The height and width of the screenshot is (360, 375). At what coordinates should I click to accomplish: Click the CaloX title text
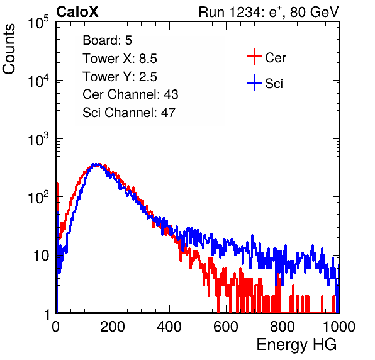(x=77, y=12)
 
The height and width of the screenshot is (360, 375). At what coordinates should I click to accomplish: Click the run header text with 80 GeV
(x=269, y=12)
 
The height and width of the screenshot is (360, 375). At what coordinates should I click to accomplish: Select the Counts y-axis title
(x=9, y=49)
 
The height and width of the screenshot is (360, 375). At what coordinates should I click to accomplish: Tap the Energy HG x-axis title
(x=296, y=345)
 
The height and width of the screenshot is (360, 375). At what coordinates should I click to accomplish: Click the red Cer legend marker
(x=254, y=57)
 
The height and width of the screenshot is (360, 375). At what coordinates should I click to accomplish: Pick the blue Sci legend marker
(x=254, y=82)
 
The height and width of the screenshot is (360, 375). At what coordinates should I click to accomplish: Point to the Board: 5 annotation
(x=108, y=40)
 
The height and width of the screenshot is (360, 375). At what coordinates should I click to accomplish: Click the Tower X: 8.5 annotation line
(x=120, y=59)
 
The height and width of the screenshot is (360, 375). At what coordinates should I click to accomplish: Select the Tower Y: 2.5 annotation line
(x=120, y=77)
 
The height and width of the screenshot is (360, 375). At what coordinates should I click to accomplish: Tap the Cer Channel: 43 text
(x=130, y=94)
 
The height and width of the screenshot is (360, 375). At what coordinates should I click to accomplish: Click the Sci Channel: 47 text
(x=129, y=113)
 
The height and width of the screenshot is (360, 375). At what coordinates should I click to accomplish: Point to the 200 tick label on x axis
(x=113, y=327)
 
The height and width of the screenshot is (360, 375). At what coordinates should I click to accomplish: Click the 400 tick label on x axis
(x=169, y=327)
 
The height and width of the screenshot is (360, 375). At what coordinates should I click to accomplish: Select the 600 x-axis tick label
(x=226, y=327)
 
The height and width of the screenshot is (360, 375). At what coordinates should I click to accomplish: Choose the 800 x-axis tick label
(x=283, y=327)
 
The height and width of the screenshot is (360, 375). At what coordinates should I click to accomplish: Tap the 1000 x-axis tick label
(x=339, y=327)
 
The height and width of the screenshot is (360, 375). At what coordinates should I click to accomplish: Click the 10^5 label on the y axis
(x=38, y=22)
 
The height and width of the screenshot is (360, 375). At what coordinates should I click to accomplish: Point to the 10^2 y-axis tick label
(x=38, y=197)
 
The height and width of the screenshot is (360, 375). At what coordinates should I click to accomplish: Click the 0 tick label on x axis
(x=56, y=327)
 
